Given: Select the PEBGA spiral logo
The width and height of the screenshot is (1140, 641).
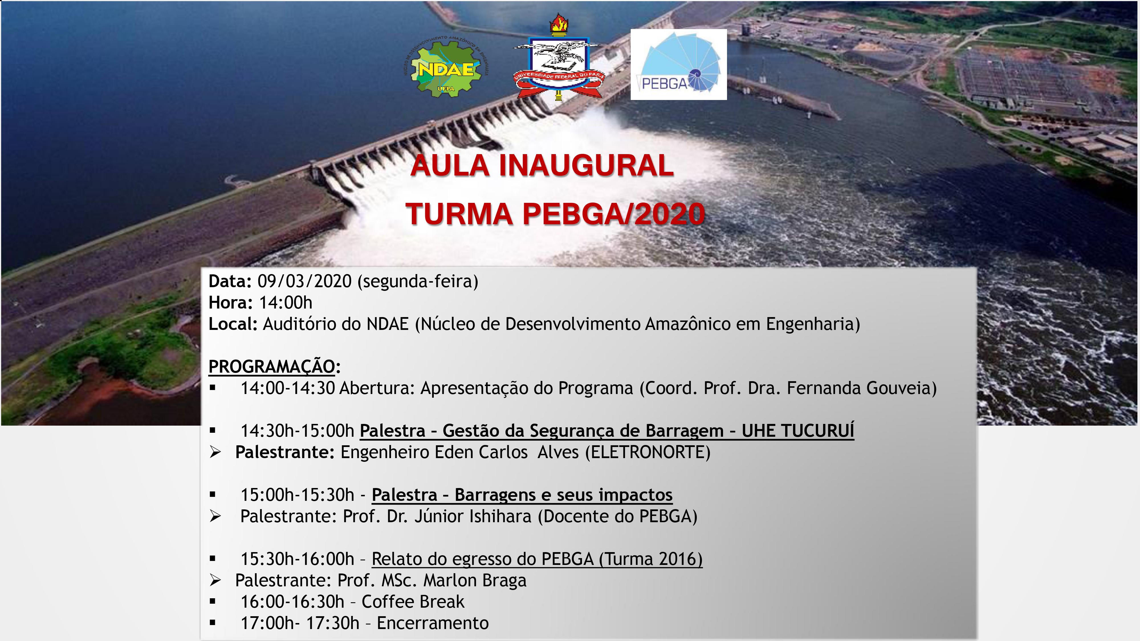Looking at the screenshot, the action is [x=678, y=65].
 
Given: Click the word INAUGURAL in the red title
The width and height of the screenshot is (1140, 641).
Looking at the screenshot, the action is [x=586, y=166].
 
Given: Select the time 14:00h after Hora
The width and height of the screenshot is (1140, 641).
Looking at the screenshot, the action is [x=286, y=303].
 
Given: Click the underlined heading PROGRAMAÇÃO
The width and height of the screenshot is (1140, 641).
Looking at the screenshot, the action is [x=272, y=367].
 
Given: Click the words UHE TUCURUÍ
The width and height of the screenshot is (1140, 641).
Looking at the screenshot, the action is [x=798, y=430].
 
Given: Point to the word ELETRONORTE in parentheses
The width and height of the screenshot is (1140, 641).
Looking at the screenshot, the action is [x=648, y=452].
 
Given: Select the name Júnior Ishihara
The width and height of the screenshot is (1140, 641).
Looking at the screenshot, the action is [x=473, y=516].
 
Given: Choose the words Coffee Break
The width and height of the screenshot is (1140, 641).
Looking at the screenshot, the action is [x=413, y=602].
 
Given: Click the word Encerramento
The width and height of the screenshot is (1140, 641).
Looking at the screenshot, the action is [x=433, y=623].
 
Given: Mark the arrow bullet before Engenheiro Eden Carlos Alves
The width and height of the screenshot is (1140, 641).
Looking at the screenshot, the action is [x=215, y=452].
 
